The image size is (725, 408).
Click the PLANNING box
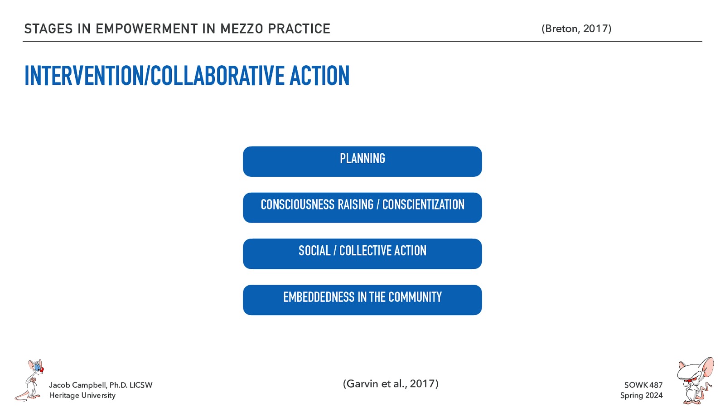coord(362,161)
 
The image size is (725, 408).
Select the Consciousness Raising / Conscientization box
coord(362,208)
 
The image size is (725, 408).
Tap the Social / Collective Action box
coord(362,254)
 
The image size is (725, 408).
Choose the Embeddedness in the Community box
coord(362,300)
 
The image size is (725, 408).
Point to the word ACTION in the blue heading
coord(319,76)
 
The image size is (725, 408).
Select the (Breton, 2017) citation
coord(576,29)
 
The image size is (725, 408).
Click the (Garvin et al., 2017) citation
coord(391,384)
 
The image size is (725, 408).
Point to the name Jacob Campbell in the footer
coord(77,385)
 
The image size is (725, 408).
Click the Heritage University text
coord(82,395)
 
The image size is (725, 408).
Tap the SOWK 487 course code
coord(643,385)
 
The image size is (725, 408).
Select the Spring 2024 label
coord(641,395)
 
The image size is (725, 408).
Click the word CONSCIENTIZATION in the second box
coord(423,205)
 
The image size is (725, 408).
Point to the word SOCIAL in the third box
coord(314,251)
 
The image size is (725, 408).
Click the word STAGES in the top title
coord(48,29)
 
